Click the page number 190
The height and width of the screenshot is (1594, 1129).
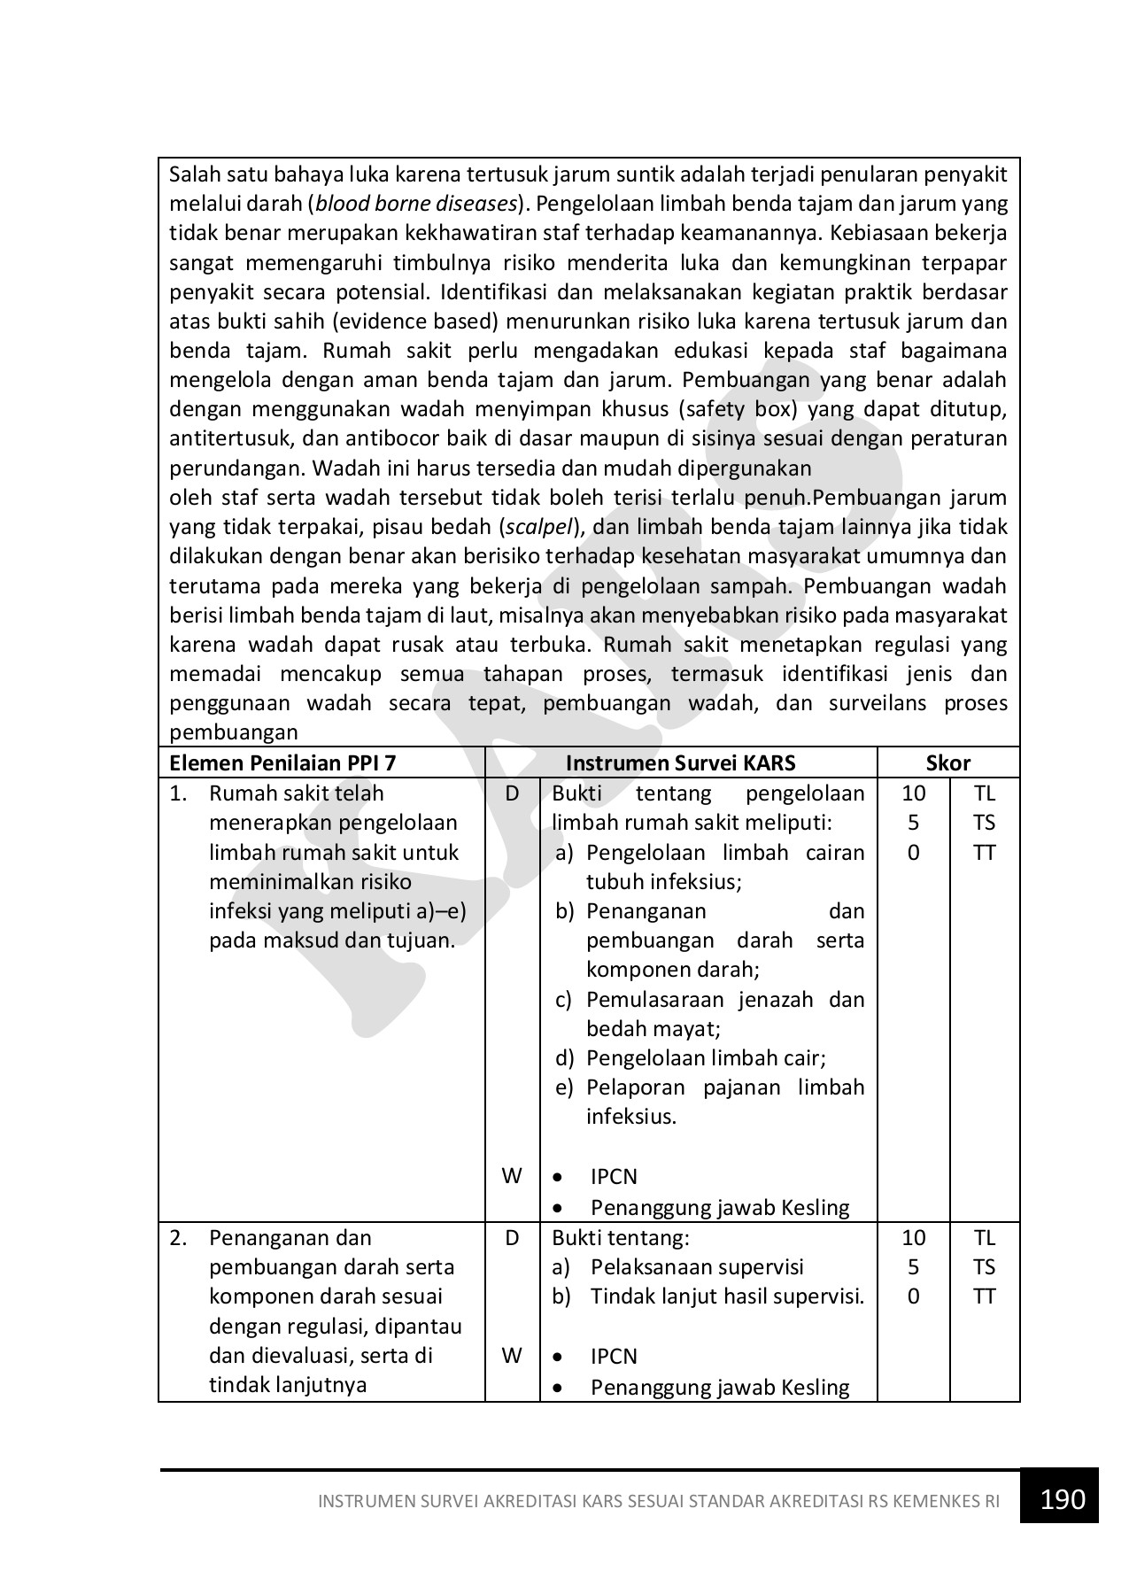click(1063, 1498)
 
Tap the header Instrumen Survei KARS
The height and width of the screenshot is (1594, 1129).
click(680, 763)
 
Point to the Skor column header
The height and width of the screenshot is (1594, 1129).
click(947, 763)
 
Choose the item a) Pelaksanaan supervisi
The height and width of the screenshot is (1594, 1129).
click(677, 1267)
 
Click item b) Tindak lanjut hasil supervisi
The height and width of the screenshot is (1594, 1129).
click(708, 1296)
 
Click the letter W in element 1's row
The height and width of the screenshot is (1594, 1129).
click(512, 1176)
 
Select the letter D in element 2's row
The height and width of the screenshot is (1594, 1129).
click(512, 1238)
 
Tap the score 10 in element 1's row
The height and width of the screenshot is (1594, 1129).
click(913, 793)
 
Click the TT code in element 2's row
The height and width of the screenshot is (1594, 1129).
click(984, 1296)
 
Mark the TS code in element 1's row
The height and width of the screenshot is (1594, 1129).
click(984, 823)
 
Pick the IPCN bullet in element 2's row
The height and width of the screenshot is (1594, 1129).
click(614, 1357)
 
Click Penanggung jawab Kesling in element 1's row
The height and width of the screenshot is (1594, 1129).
click(719, 1208)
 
